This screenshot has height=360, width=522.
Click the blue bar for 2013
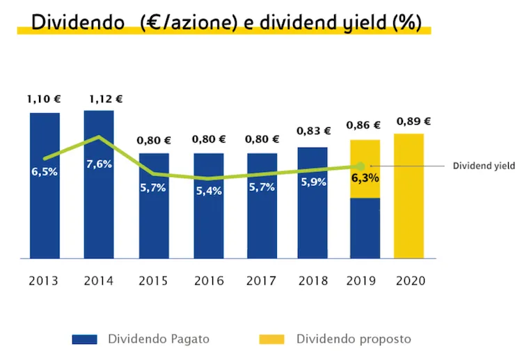tap(45, 209)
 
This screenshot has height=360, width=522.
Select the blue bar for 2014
tap(99, 209)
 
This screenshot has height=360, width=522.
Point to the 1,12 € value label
tap(106, 99)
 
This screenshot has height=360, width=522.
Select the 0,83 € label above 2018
tap(313, 130)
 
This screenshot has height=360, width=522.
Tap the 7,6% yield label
tap(99, 164)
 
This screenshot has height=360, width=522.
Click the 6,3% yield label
tap(365, 178)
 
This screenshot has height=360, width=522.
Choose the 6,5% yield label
tap(45, 171)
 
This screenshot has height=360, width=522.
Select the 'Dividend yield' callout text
tap(484, 166)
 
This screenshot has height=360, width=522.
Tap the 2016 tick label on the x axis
tap(208, 281)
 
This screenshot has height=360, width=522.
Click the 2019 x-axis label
tap(361, 281)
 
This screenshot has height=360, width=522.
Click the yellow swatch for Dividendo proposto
tap(271, 340)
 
